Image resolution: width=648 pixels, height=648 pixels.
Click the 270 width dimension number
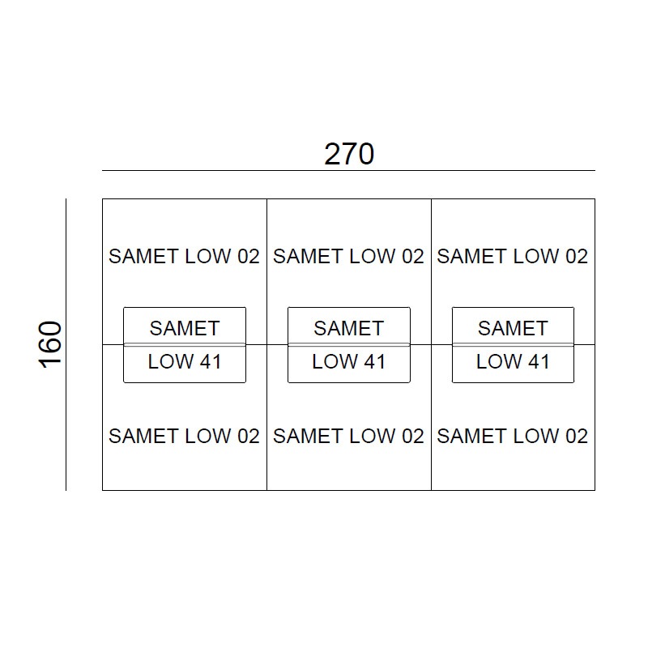point(349,154)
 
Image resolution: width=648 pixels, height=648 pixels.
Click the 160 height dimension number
point(50,345)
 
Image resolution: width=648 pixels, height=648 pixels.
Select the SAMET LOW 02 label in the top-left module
point(184,256)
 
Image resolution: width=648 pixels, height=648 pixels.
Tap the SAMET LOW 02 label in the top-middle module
point(348,256)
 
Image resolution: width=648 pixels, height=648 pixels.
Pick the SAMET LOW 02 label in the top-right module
point(513,256)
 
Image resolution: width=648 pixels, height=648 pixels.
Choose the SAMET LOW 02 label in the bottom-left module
point(184,436)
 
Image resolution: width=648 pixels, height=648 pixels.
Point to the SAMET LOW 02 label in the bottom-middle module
point(348,436)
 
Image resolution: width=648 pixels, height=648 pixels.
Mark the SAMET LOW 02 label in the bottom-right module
point(513,436)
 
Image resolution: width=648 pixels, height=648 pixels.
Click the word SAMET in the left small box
point(185,329)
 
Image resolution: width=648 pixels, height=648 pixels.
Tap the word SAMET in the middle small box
point(349,329)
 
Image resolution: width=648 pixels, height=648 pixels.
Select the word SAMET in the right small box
point(513,329)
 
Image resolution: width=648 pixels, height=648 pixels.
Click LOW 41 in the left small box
point(185,361)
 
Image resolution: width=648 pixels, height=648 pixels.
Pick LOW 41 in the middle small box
point(349,361)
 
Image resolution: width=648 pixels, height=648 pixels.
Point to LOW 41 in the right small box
point(513,361)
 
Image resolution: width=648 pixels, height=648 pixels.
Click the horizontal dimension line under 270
point(349,170)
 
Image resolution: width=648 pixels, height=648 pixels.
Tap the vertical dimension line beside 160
point(66,345)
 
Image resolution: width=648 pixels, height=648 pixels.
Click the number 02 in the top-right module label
point(577,256)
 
